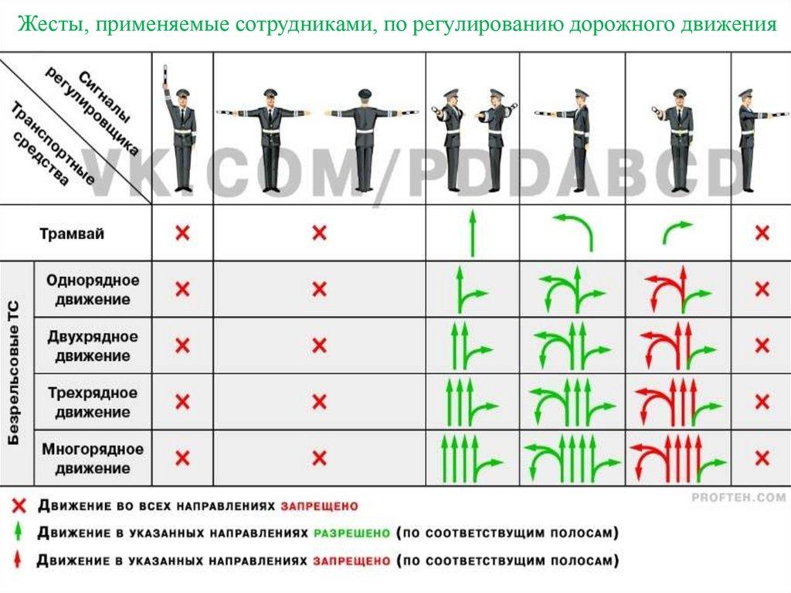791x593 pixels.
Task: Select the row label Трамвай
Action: click(72, 233)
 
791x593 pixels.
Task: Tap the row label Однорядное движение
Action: click(93, 289)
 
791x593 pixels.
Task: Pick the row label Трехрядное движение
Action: click(93, 402)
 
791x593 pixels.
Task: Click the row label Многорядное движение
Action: click(93, 458)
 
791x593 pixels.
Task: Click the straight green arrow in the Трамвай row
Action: click(472, 233)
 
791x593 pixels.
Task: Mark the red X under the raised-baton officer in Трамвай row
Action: click(182, 233)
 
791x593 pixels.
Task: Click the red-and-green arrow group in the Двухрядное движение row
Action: click(677, 346)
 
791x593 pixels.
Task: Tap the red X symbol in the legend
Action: click(19, 506)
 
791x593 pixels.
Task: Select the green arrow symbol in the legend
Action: click(19, 533)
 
